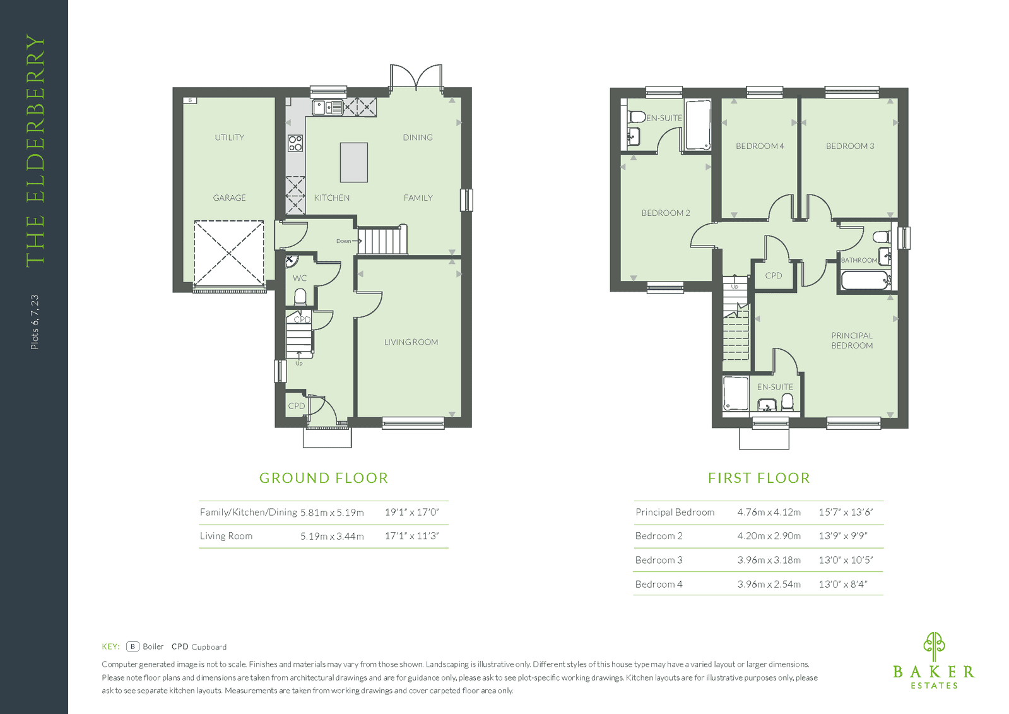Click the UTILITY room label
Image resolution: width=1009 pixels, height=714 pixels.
tap(229, 138)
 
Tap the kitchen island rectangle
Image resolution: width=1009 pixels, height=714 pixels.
tap(353, 162)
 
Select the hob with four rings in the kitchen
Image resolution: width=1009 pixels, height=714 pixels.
tap(295, 143)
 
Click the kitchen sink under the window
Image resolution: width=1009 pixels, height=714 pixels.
tap(328, 108)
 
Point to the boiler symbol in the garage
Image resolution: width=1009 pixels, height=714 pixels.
tap(190, 100)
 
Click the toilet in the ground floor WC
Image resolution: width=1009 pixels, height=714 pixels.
tap(300, 297)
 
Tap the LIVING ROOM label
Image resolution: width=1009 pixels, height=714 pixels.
tap(411, 342)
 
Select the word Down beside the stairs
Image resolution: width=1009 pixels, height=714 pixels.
tap(343, 241)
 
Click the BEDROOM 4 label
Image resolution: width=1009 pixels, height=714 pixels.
tap(760, 146)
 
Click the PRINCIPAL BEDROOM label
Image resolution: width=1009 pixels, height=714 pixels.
tap(852, 340)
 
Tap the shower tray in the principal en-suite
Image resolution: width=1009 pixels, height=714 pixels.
tap(736, 393)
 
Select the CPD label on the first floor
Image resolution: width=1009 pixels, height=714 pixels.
tap(774, 275)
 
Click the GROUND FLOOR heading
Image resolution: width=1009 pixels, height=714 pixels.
tap(324, 478)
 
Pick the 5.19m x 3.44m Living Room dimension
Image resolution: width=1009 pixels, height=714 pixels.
tap(332, 536)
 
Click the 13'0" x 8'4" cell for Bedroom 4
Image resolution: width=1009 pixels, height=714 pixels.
tap(843, 584)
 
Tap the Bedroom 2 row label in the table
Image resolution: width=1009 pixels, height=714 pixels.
tap(659, 536)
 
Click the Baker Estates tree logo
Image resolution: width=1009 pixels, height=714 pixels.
tap(934, 645)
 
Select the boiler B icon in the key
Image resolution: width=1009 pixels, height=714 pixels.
tap(133, 646)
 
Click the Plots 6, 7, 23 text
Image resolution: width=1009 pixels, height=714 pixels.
tap(35, 322)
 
